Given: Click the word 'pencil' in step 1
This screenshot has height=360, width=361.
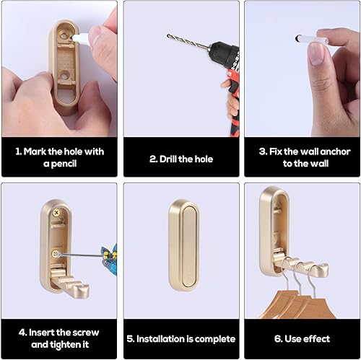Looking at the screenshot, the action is [x=64, y=164].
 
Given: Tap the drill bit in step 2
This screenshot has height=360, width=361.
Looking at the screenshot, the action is [x=187, y=43].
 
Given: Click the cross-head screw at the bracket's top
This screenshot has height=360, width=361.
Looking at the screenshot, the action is [x=56, y=213].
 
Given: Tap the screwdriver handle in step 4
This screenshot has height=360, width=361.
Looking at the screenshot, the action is [x=110, y=255].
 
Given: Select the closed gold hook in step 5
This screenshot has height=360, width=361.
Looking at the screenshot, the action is [x=183, y=245].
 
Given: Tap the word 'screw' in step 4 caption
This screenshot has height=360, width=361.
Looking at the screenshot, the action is [x=86, y=333].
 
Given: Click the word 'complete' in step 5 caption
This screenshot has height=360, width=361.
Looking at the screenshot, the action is [x=215, y=339].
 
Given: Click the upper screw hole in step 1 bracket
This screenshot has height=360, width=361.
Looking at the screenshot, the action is [x=64, y=36].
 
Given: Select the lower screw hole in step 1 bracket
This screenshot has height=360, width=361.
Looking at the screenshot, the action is [x=64, y=76].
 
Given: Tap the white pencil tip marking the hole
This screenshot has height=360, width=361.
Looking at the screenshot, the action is [x=72, y=38].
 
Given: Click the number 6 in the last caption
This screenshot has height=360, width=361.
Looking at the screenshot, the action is [x=277, y=339].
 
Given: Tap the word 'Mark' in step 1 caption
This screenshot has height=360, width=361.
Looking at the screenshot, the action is [x=35, y=152].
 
